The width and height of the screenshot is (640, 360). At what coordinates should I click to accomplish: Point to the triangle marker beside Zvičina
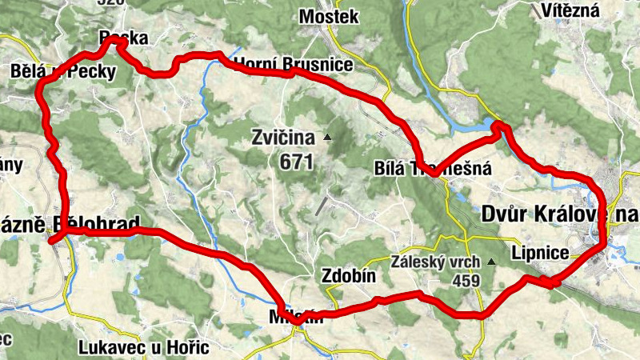(326, 138)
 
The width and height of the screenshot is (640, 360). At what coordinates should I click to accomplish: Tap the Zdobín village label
(349, 274)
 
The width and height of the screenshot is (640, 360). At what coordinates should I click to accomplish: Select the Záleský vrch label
(435, 262)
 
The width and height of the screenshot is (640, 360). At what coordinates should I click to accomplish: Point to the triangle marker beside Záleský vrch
(491, 262)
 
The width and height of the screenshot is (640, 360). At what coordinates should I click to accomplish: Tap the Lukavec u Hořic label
(144, 347)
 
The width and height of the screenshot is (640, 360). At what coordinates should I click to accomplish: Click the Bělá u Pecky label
(64, 72)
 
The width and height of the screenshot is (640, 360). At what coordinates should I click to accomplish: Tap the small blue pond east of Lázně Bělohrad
(120, 258)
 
